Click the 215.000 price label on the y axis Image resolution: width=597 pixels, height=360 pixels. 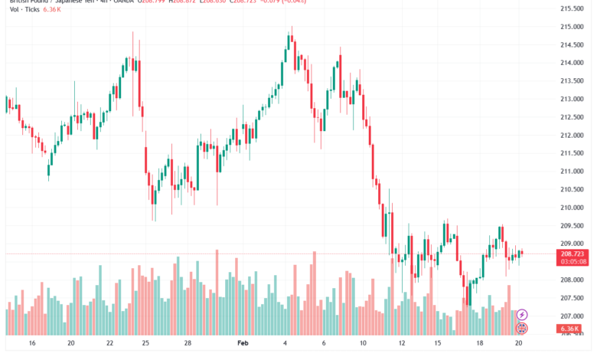point(572,27)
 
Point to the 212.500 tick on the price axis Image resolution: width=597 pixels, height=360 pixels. point(572,117)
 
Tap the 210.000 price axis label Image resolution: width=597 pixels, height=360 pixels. point(572,208)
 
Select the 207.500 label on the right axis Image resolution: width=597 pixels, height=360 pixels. point(572,298)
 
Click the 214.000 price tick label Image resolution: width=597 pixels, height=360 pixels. point(572,63)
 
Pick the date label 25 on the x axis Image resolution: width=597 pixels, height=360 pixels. point(145,344)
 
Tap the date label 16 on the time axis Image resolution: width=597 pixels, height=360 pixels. point(32,344)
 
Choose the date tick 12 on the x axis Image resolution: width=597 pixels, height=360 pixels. point(402,344)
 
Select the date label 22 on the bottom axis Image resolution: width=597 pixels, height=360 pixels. point(109,344)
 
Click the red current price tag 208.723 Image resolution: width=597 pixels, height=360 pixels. point(572,253)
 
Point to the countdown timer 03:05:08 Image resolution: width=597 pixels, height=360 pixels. point(572,261)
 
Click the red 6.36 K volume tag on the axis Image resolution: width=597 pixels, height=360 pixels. point(572,329)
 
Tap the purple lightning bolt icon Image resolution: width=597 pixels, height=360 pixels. point(523,314)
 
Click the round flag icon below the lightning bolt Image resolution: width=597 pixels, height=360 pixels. point(523,328)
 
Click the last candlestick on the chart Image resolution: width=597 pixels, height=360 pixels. point(522,253)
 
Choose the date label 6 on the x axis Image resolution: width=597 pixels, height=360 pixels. point(324,344)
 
